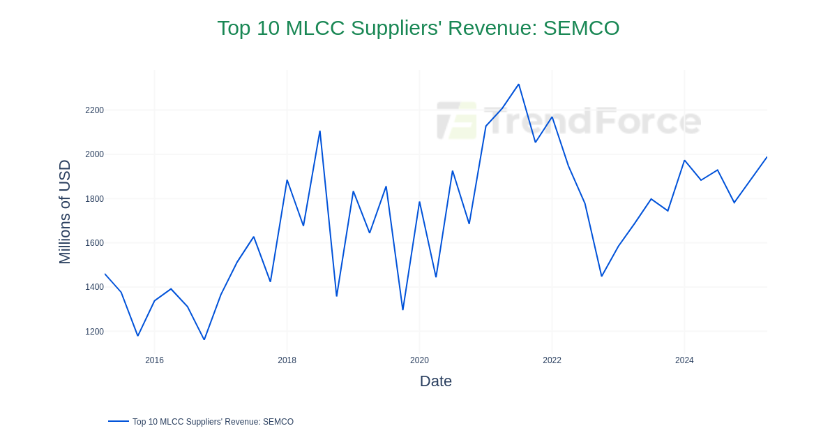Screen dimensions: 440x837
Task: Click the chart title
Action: [x=418, y=28]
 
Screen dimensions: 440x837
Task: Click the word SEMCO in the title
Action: [x=581, y=28]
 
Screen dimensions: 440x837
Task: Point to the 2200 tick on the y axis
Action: [x=94, y=110]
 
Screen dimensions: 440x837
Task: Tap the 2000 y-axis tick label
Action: [x=94, y=154]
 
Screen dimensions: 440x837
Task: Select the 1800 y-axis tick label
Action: [x=94, y=199]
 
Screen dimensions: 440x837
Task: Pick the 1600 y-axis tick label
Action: [x=94, y=243]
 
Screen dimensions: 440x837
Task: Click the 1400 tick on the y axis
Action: [x=94, y=287]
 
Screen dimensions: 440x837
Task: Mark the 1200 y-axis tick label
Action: [x=94, y=332]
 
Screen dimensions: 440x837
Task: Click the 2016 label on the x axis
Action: [x=154, y=360]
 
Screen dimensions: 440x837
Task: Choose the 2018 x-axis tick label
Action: [x=287, y=360]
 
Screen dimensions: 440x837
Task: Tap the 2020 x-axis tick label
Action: [x=419, y=360]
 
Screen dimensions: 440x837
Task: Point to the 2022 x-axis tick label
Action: [x=552, y=360]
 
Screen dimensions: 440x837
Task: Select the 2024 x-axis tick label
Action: [x=684, y=360]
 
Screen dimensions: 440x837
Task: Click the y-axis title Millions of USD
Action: [x=65, y=212]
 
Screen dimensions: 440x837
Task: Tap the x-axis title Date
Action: [x=436, y=381]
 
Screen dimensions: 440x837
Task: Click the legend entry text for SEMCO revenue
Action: [x=213, y=422]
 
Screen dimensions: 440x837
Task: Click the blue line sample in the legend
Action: [x=119, y=421]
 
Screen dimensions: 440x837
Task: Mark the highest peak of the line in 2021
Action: [x=518, y=85]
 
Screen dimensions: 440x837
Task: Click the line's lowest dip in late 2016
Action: [x=204, y=339]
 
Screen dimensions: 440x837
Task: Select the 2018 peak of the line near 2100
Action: [x=319, y=131]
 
